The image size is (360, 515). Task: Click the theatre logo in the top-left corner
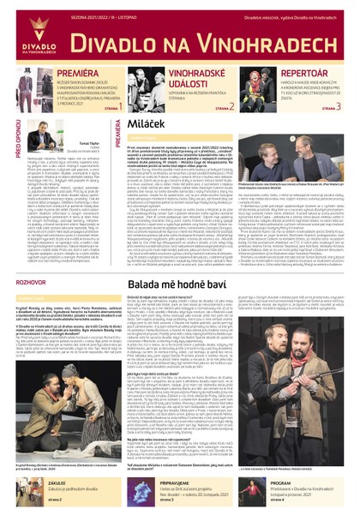click(x=23, y=30)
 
